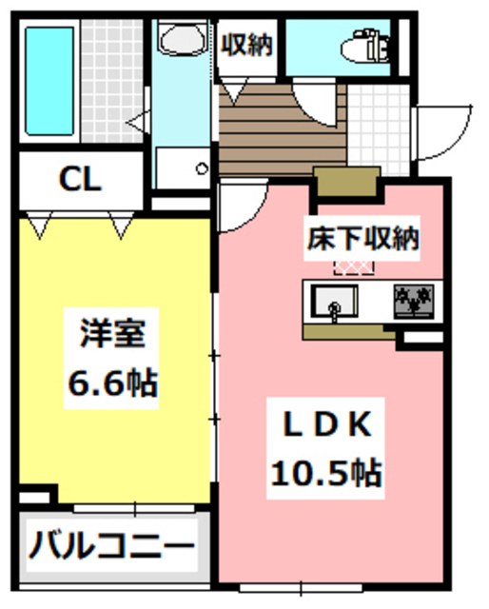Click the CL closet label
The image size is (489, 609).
pos(80,179)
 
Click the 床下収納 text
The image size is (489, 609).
pos(362,238)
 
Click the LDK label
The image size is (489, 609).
pos(323,423)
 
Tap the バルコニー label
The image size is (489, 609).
pos(110,548)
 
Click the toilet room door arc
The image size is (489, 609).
pos(314,101)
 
